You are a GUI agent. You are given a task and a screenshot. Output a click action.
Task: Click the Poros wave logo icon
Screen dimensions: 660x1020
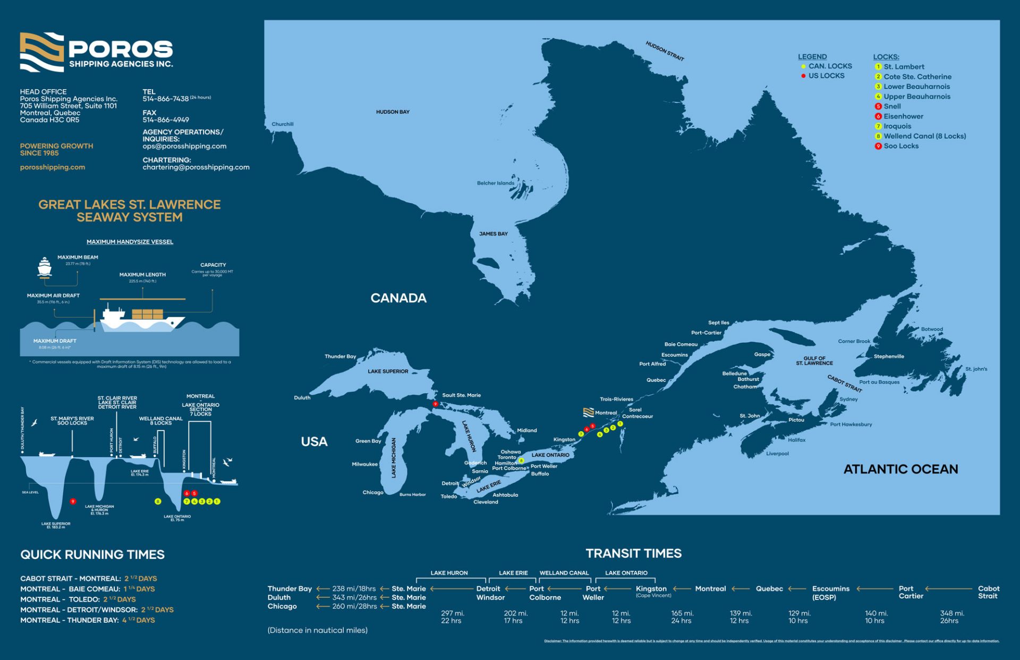coord(41,52)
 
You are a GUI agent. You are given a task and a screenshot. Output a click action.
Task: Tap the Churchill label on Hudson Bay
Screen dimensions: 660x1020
coord(282,124)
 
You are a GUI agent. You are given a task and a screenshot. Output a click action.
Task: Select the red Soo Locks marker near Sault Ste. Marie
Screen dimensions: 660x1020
coord(435,404)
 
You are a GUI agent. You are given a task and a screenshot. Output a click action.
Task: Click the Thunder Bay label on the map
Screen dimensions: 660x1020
coord(340,357)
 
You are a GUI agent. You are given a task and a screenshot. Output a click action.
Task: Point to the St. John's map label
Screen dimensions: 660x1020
coord(976,369)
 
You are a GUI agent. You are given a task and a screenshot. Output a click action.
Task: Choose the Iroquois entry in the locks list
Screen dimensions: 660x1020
coord(897,126)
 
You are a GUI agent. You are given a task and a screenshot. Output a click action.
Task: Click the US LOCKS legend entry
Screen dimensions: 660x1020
coord(826,76)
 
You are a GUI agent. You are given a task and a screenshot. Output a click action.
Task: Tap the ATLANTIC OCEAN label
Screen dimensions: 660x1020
coord(900,469)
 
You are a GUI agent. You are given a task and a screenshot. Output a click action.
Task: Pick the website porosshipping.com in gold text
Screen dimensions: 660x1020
coord(53,167)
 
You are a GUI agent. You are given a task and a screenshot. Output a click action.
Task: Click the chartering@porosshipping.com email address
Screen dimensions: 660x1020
coord(195,167)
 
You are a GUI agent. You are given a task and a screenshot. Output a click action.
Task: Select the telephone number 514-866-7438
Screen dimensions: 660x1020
coord(165,99)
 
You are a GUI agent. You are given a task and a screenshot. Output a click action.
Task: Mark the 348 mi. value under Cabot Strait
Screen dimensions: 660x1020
coord(951,613)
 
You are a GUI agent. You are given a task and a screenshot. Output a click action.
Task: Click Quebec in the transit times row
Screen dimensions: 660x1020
coord(769,589)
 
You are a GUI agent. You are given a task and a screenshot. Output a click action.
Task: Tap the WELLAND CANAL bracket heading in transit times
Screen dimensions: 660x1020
coord(564,573)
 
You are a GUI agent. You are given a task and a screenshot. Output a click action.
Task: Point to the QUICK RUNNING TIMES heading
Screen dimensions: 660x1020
coord(92,555)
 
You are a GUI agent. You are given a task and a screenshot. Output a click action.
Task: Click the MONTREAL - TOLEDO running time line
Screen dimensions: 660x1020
coord(78,599)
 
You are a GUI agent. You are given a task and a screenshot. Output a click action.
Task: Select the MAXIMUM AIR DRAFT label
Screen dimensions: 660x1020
coord(53,295)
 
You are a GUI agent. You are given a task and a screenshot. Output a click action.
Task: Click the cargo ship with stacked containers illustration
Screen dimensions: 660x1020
coord(142,318)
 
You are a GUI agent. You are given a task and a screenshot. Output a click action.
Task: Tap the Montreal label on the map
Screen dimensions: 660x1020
coord(605,413)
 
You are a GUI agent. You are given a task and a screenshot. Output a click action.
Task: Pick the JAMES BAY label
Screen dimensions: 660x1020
coord(493,234)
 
